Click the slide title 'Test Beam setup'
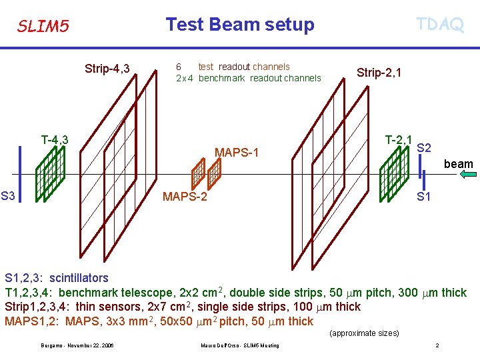239,25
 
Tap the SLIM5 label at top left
43,27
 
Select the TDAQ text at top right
439,25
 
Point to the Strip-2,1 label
379,72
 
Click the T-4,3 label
55,140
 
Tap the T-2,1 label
399,139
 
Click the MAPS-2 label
185,197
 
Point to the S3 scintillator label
9,196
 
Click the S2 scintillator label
424,147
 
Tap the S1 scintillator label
423,197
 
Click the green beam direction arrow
469,175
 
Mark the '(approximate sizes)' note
364,333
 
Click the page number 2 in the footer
437,345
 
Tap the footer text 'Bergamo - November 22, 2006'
77,345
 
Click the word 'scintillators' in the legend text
79,277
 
